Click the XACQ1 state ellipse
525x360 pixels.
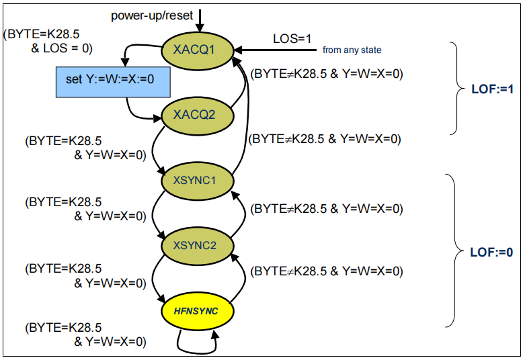tap(198, 50)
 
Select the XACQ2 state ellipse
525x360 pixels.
tap(198, 115)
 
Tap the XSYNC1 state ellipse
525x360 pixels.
tap(198, 181)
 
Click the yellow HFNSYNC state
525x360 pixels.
tap(198, 311)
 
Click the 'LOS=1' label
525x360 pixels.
tap(292, 39)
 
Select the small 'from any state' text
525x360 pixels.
tap(352, 50)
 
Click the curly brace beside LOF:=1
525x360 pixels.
tap(455, 89)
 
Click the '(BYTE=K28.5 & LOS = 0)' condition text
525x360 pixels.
tap(48, 42)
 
